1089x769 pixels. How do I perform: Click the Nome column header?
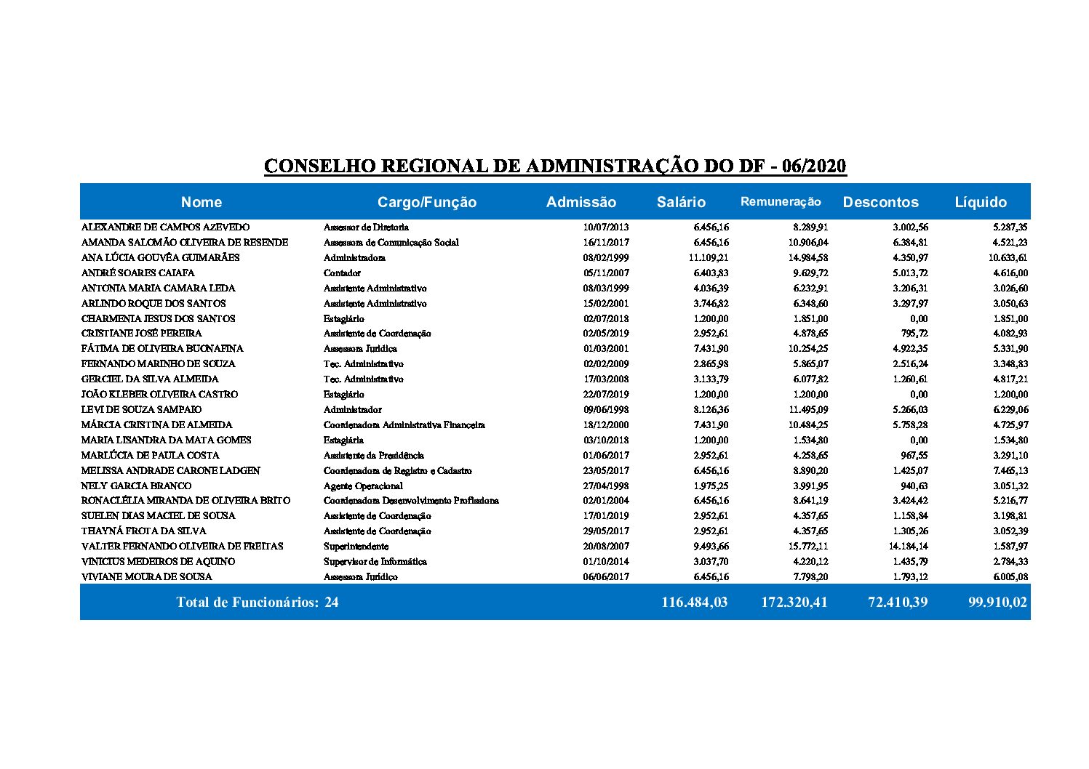(x=202, y=202)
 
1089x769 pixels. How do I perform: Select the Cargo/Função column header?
(x=426, y=202)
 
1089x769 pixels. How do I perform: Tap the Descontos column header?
(x=880, y=202)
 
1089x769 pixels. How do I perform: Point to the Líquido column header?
(x=981, y=202)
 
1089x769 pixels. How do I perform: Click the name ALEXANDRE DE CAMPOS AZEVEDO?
(x=165, y=228)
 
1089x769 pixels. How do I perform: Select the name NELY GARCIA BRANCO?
(x=136, y=486)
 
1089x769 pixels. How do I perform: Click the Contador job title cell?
(x=342, y=273)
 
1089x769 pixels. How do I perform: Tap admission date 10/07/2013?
(x=605, y=228)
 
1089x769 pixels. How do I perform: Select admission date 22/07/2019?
(x=605, y=394)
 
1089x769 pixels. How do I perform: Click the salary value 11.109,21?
(x=708, y=257)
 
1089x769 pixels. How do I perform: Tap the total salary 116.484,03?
(x=694, y=602)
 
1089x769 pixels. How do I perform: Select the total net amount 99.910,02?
(x=997, y=602)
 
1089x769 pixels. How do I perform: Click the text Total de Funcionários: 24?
(x=257, y=602)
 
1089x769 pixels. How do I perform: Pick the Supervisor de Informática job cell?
(x=375, y=561)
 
